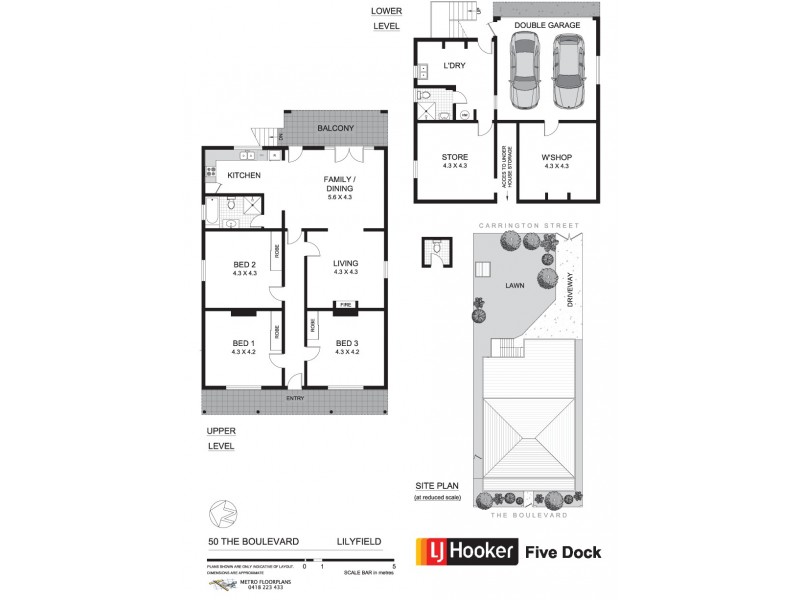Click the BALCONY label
click(336, 129)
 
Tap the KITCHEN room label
click(244, 175)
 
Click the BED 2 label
click(245, 266)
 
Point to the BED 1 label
click(244, 344)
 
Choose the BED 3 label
click(347, 344)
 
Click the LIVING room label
click(346, 265)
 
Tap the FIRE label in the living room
click(345, 304)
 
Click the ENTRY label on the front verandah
click(295, 398)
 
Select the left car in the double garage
click(525, 71)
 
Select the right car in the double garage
click(567, 73)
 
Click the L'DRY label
click(454, 66)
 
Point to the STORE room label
click(455, 157)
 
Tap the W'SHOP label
click(556, 157)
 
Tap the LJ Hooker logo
click(467, 550)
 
